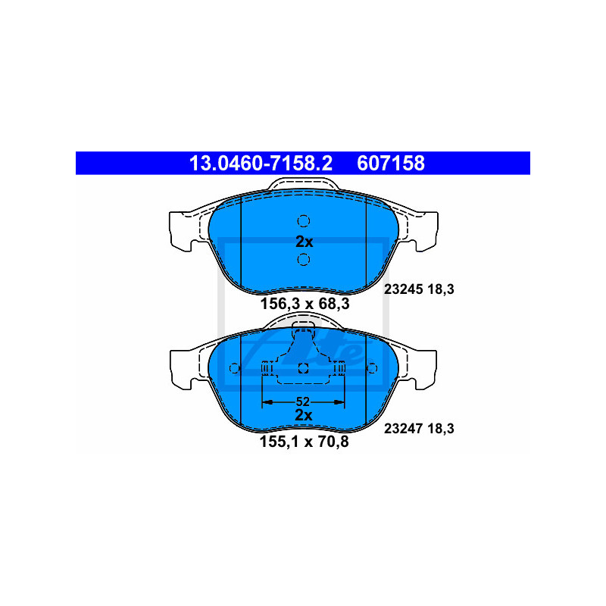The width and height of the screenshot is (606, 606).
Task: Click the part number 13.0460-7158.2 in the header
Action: click(261, 163)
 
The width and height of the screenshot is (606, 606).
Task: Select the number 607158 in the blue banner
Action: click(391, 163)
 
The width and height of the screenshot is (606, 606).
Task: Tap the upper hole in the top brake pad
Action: click(304, 220)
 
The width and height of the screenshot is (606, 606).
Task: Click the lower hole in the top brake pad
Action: click(304, 259)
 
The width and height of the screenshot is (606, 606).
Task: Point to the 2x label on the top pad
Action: click(305, 242)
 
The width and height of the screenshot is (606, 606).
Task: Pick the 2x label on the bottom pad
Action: click(304, 415)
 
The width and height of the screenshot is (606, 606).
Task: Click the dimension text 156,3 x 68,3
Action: click(305, 304)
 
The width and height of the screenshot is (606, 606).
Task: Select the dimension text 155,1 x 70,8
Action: click(305, 442)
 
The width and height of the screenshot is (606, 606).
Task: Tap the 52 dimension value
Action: click(303, 402)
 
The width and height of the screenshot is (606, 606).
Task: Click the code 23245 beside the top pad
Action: click(402, 289)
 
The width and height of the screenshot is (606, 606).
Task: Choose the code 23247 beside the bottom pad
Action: click(402, 429)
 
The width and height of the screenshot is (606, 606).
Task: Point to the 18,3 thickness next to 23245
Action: click(440, 289)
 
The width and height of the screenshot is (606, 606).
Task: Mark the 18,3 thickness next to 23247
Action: click(440, 429)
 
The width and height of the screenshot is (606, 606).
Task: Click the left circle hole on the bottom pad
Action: click(234, 368)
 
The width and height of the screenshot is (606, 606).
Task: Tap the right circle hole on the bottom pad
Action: click(372, 368)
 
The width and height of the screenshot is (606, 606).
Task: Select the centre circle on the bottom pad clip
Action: click(303, 368)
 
